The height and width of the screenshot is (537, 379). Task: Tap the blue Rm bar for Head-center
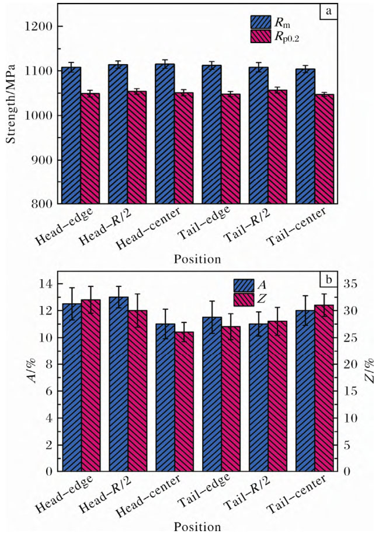(x=165, y=134)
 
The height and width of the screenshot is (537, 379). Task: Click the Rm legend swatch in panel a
(x=259, y=22)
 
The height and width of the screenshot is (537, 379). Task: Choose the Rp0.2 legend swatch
(x=259, y=37)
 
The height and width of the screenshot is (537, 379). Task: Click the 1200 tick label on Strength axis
(x=40, y=27)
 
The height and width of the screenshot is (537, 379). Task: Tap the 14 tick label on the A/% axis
(x=46, y=284)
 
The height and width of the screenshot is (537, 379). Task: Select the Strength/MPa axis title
(x=11, y=105)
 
